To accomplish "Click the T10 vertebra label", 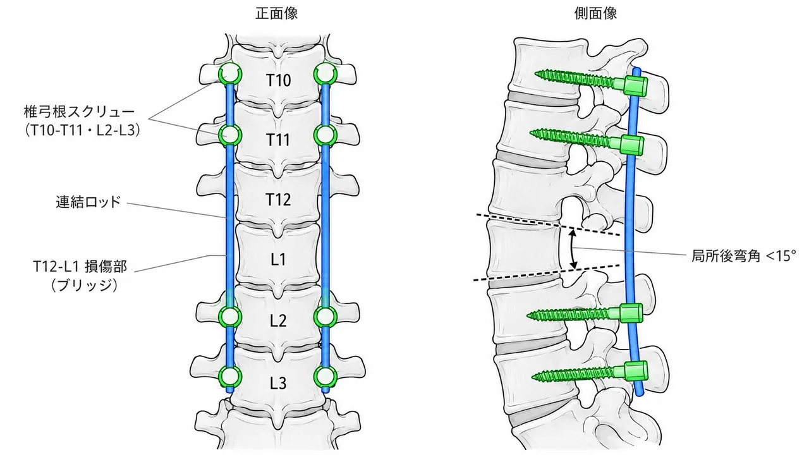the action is tap(278, 80).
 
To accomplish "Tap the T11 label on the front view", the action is tap(277, 140).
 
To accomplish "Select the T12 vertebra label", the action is tap(278, 199).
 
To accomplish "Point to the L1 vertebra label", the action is tap(278, 259).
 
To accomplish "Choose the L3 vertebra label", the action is tap(278, 383).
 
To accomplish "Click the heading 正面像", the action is tap(276, 13).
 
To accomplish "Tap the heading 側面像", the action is tap(595, 13).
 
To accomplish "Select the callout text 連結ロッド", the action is tap(88, 202).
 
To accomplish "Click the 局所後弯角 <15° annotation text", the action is tap(743, 256).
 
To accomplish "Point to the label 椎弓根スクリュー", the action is tap(80, 112).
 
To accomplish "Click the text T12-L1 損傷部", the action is tap(80, 267).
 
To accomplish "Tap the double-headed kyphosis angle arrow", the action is tap(573, 249).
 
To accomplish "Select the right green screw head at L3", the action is tap(325, 377).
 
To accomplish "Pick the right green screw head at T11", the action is tap(325, 135).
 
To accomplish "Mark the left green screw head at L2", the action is tap(229, 317).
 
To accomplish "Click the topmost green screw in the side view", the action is tap(591, 83).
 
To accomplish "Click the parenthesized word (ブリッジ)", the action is tap(85, 286).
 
